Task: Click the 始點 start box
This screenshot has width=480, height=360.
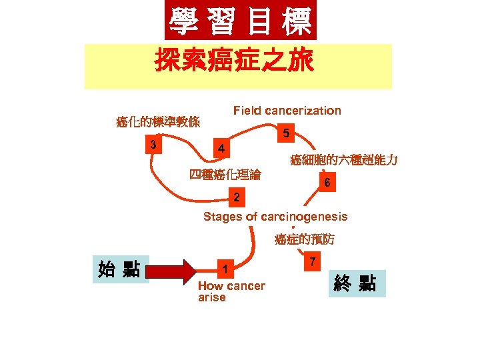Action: (x=119, y=270)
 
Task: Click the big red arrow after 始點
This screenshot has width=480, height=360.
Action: (x=177, y=271)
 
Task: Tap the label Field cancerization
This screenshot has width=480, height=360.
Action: (x=287, y=111)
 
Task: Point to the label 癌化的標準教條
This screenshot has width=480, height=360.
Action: (x=158, y=122)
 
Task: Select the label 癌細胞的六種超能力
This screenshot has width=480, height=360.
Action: (x=344, y=160)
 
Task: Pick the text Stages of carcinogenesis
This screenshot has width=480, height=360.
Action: (x=275, y=217)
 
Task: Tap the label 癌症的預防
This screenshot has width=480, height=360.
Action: (x=305, y=239)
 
